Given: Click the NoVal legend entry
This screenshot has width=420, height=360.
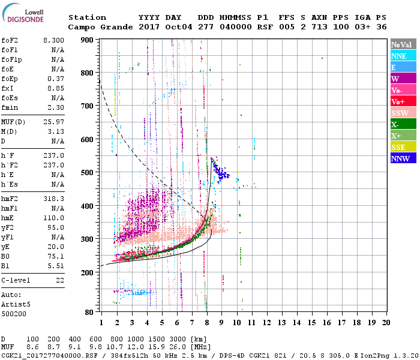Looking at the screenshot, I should (403, 44).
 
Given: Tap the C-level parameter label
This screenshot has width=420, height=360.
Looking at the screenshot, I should (16, 280).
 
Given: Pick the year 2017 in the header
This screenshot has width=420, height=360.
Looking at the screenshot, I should (148, 27).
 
